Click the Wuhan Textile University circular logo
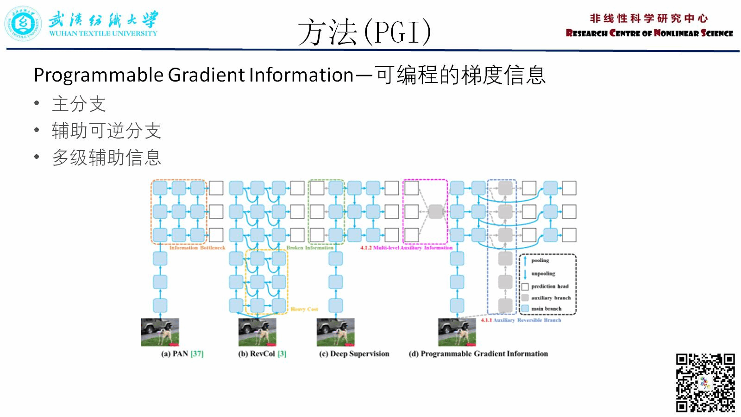[x=23, y=24]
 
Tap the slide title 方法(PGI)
[x=364, y=32]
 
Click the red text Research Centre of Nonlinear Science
[x=649, y=33]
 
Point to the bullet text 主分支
[x=79, y=104]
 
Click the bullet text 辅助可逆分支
[x=106, y=131]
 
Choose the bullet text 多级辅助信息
[x=106, y=158]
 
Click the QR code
[x=705, y=383]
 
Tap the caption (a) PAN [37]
[x=182, y=354]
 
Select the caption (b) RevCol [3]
[x=262, y=354]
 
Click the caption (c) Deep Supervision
[x=354, y=354]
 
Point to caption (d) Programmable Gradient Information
[x=478, y=354]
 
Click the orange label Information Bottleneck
[x=197, y=248]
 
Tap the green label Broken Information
[x=309, y=248]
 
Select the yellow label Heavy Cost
[x=304, y=309]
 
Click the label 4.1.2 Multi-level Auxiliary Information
[x=406, y=248]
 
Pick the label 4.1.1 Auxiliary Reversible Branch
[x=521, y=320]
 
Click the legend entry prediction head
[x=549, y=286]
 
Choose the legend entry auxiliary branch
[x=551, y=298]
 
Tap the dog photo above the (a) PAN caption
[x=160, y=332]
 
